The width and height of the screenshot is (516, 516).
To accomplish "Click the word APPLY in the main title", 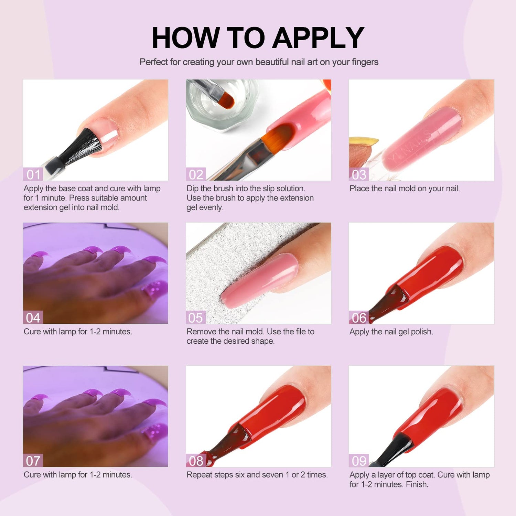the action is (x=318, y=37).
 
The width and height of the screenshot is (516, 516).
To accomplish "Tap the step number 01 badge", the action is (x=33, y=174).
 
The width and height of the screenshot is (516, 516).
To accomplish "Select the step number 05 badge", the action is (x=196, y=318).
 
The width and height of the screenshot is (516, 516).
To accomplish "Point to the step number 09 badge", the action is (x=359, y=461).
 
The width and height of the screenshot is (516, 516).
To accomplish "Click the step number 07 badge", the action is (x=33, y=461).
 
